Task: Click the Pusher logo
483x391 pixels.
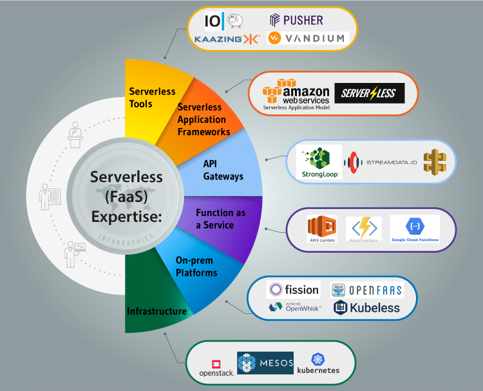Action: click(296, 20)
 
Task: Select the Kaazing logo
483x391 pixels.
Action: click(227, 39)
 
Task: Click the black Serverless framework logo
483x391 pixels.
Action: click(369, 93)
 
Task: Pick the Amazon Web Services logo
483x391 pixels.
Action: click(296, 94)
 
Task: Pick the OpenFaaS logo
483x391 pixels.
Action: click(367, 290)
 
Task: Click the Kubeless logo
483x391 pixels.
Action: click(367, 308)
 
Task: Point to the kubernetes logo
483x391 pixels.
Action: click(317, 363)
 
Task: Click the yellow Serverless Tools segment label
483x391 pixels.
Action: click(152, 97)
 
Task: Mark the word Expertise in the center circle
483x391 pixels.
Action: click(126, 217)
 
